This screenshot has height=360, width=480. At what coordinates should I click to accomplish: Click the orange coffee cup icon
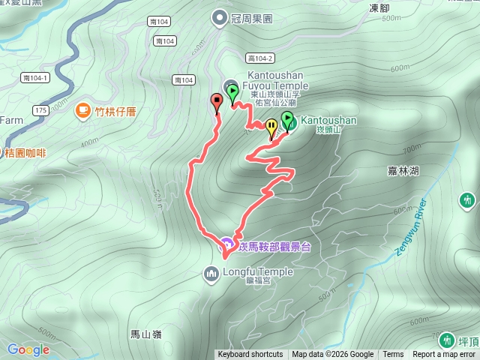(x=82, y=112)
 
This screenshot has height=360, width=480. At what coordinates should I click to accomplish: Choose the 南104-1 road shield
(x=36, y=78)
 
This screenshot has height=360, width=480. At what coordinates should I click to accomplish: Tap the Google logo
(x=28, y=349)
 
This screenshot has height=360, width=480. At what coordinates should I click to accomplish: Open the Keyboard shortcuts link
(x=250, y=355)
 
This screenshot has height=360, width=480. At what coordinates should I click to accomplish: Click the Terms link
(x=393, y=355)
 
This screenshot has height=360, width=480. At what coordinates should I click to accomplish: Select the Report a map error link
(x=445, y=355)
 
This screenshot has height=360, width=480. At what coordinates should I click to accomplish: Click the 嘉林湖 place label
(x=403, y=171)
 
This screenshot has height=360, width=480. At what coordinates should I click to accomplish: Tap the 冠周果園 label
(x=254, y=16)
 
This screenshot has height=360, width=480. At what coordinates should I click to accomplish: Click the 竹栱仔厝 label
(x=113, y=112)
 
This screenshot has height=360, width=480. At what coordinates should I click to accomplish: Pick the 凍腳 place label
(x=379, y=8)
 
